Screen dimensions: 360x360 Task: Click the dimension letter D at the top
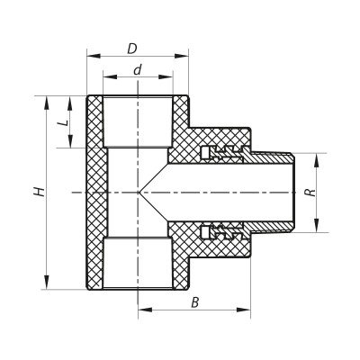click(x=132, y=47)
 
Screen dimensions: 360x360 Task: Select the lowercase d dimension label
click(x=137, y=69)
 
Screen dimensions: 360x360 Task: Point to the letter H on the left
click(x=39, y=192)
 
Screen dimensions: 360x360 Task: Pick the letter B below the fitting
click(x=194, y=302)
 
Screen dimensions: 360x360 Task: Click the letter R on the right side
click(x=309, y=193)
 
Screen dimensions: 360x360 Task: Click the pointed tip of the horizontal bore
click(x=139, y=193)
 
